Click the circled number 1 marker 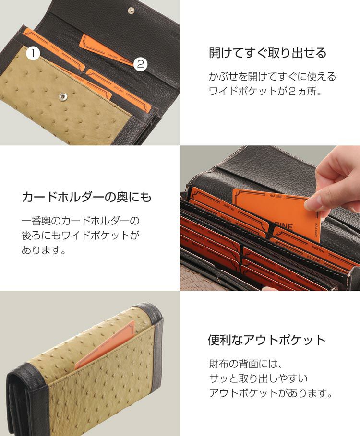pyautogui.click(x=33, y=53)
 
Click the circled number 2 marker pyautogui.click(x=141, y=64)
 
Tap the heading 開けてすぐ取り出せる pyautogui.click(x=267, y=53)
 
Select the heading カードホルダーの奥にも pyautogui.click(x=86, y=197)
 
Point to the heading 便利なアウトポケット pyautogui.click(x=267, y=340)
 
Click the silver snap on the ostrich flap pyautogui.click(x=63, y=96)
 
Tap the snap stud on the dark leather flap pyautogui.click(x=131, y=11)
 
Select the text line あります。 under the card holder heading pyautogui.click(x=44, y=250)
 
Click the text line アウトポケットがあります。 pyautogui.click(x=271, y=393)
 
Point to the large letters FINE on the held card pyautogui.click(x=284, y=226)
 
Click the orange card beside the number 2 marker pyautogui.click(x=107, y=50)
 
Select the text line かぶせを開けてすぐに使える pyautogui.click(x=272, y=76)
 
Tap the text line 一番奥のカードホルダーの pyautogui.click(x=81, y=221)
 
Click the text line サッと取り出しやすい pyautogui.click(x=258, y=378)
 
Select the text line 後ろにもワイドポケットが pyautogui.click(x=81, y=235)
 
